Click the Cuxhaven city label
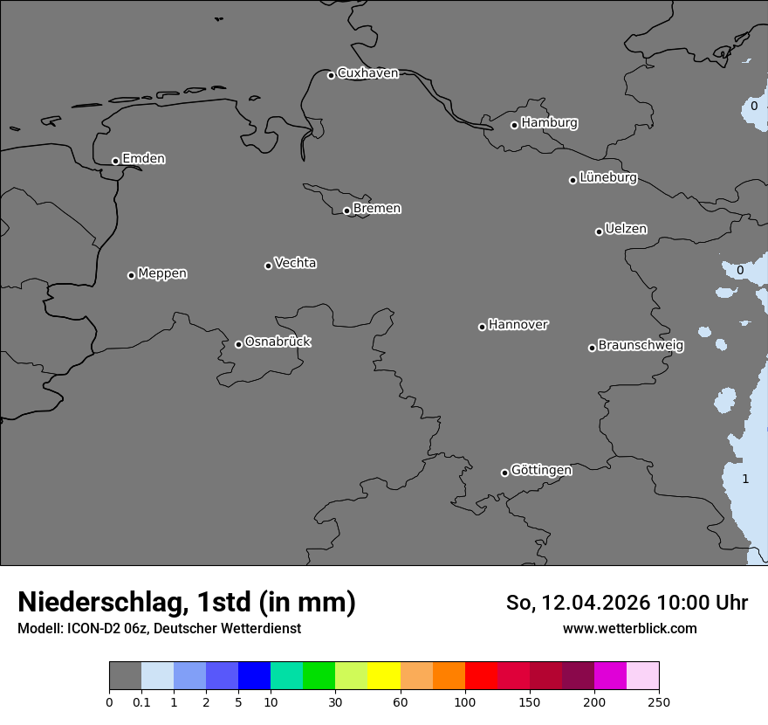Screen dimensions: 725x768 [x=367, y=73]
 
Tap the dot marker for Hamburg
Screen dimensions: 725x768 [x=514, y=125]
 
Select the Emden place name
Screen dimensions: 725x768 [x=143, y=159]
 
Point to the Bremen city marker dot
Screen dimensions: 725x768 [x=346, y=211]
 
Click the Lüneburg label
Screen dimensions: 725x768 [x=607, y=177]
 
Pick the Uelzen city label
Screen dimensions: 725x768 [x=626, y=229]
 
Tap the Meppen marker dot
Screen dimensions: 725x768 [x=131, y=275]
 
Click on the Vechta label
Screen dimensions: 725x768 [x=295, y=263]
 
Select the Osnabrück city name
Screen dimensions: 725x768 [x=278, y=342]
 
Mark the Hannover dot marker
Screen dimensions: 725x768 [x=482, y=327]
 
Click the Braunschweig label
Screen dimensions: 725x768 [x=641, y=345]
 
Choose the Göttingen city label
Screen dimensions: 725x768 [x=541, y=470]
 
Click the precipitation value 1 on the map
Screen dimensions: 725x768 [x=745, y=479]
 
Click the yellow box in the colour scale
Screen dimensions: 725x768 [x=383, y=676]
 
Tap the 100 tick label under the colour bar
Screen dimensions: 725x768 [x=465, y=701]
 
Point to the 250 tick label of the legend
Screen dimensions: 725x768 [x=658, y=701]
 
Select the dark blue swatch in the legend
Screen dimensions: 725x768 [x=254, y=676]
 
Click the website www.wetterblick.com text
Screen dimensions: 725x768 [x=629, y=628]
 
